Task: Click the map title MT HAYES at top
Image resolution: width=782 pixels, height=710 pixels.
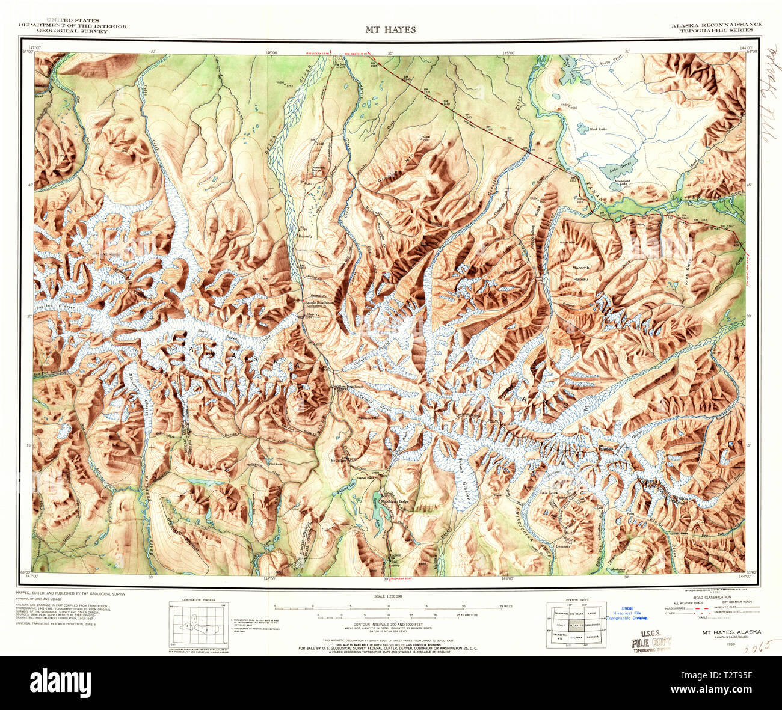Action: pyautogui.click(x=390, y=29)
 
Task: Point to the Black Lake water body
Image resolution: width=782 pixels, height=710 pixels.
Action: pyautogui.click(x=582, y=127)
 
